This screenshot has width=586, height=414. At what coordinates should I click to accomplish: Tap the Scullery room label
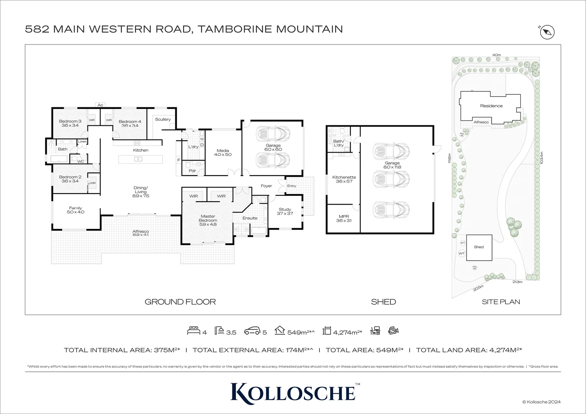click(x=163, y=119)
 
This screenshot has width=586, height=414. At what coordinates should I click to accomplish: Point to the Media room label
click(x=223, y=153)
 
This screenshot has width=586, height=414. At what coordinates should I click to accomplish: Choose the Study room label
click(x=285, y=211)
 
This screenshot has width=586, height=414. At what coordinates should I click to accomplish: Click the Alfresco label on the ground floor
click(x=140, y=233)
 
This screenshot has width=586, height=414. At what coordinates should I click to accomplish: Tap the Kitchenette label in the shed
click(x=344, y=179)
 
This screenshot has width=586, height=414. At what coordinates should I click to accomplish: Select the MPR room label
click(x=344, y=219)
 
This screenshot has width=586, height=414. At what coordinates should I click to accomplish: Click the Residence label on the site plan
click(x=491, y=106)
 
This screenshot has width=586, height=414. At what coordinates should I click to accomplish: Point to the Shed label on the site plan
click(x=479, y=247)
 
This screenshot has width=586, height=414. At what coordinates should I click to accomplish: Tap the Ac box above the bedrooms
click(x=100, y=105)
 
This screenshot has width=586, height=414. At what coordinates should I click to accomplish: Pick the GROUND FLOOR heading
click(x=180, y=302)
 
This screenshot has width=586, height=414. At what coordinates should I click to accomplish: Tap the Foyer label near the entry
click(x=266, y=186)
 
